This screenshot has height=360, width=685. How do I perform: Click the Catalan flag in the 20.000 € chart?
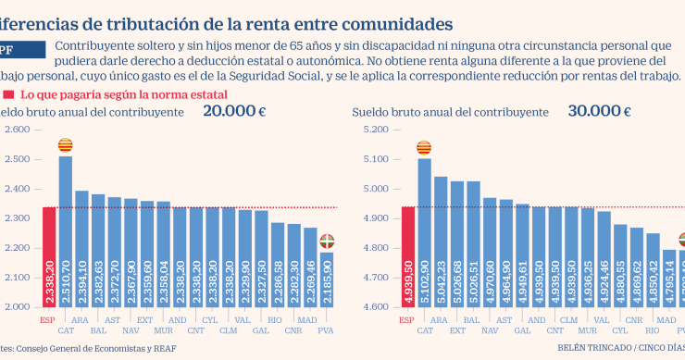(66, 145)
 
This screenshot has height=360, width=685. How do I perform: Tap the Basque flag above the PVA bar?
(327, 242)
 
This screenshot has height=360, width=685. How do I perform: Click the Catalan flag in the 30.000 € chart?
(425, 148)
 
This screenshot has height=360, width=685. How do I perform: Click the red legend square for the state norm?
(8, 94)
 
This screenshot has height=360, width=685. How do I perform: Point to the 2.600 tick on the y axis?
(17, 130)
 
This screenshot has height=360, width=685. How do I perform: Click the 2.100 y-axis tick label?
(17, 278)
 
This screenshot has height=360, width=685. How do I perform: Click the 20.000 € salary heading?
(234, 111)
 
